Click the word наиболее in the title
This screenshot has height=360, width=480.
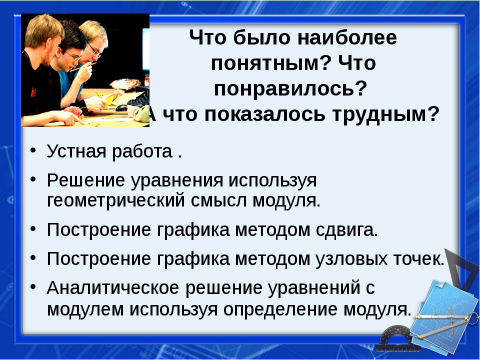click(x=347, y=37)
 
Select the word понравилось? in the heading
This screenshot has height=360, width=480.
click(x=290, y=89)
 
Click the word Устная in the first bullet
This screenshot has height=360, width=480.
click(x=76, y=151)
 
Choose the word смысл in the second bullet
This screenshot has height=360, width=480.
click(x=219, y=201)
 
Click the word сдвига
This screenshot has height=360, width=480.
click(x=346, y=230)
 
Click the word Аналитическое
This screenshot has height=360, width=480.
click(x=113, y=287)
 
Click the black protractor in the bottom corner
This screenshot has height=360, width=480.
click(x=395, y=340)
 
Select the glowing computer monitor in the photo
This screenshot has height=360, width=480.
click(x=146, y=49)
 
